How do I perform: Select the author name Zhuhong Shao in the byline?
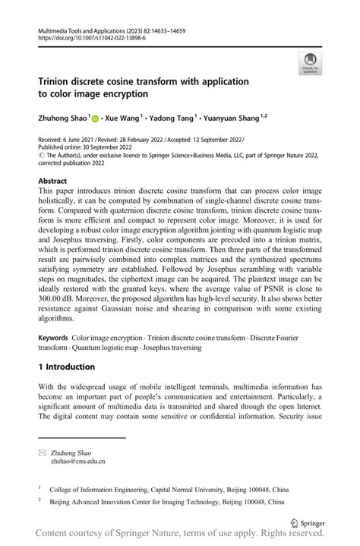[x=64, y=118]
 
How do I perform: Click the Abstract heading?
[x=56, y=181]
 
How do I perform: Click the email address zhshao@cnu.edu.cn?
[x=78, y=460]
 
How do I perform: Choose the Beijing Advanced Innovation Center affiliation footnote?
[x=167, y=502]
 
